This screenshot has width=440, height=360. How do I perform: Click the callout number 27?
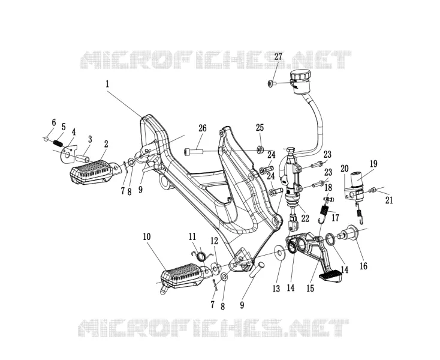point(278,57)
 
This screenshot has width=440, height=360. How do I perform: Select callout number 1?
point(107,84)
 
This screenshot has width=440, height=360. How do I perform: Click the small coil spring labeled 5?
point(58,143)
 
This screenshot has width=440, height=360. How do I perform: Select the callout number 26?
point(203,128)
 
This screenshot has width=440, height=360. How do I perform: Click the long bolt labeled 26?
point(194,152)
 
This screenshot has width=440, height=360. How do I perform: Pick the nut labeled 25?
point(260,149)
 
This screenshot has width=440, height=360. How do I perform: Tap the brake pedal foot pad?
point(330,275)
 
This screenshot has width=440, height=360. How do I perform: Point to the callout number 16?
point(363,266)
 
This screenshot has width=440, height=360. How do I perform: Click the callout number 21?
point(389,200)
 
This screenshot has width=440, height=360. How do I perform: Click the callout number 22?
point(305,218)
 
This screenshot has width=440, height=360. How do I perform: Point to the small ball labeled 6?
point(46,138)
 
